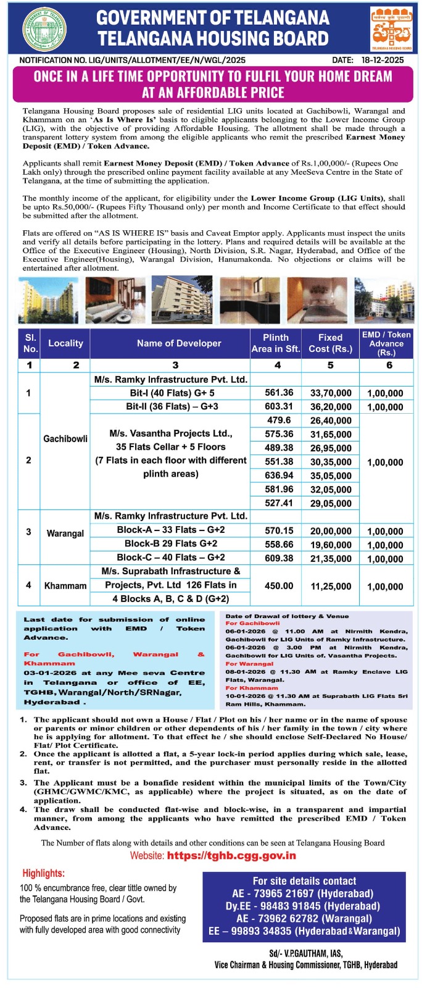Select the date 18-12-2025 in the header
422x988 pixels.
click(x=383, y=60)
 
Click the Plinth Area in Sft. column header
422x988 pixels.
click(x=275, y=343)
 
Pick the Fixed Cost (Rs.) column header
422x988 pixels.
click(x=330, y=343)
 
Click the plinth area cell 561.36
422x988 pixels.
click(x=279, y=393)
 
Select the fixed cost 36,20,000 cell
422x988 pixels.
click(x=331, y=407)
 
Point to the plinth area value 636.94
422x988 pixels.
click(x=279, y=475)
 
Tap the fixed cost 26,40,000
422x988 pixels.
click(x=331, y=421)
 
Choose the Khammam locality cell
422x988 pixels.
click(x=65, y=585)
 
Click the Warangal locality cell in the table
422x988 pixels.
click(x=65, y=533)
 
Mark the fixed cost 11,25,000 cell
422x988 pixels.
click(x=331, y=586)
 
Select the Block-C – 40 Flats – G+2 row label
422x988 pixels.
click(x=171, y=558)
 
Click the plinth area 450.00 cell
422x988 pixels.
click(x=279, y=585)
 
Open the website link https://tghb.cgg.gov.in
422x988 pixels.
click(x=231, y=856)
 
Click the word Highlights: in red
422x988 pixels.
click(x=44, y=873)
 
